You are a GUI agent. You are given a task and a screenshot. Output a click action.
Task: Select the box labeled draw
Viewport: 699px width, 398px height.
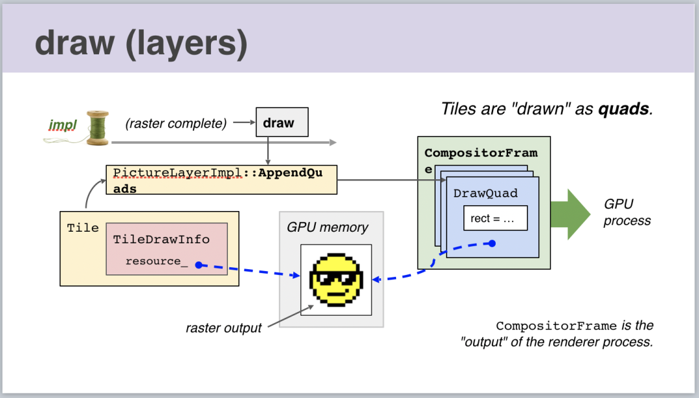(279, 123)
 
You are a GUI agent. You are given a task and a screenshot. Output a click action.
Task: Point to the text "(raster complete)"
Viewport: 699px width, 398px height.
(176, 124)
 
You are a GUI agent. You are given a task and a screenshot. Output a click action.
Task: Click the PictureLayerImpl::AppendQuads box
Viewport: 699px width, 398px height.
(221, 180)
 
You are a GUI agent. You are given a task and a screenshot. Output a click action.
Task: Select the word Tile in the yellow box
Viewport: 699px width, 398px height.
(83, 228)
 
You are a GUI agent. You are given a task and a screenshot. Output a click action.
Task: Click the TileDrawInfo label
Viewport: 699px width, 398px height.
(161, 239)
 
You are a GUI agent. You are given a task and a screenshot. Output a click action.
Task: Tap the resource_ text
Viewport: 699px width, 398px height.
(156, 261)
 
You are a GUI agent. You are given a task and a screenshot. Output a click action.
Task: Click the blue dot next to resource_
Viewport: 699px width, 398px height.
(199, 265)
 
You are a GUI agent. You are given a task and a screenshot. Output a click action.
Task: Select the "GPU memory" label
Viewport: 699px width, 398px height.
(327, 227)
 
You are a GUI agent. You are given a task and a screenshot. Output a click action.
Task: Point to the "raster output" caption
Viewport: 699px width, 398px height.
(223, 327)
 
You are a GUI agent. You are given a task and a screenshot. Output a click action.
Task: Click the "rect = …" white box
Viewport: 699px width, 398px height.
(495, 218)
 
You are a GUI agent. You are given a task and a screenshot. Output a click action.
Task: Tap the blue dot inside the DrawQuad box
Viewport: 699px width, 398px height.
(492, 243)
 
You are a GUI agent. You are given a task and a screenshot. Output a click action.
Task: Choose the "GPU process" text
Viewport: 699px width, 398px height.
(627, 212)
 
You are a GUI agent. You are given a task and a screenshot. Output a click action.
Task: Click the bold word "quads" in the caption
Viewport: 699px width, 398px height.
(623, 109)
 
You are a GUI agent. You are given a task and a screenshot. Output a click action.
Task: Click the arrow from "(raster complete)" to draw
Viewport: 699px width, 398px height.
(244, 122)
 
